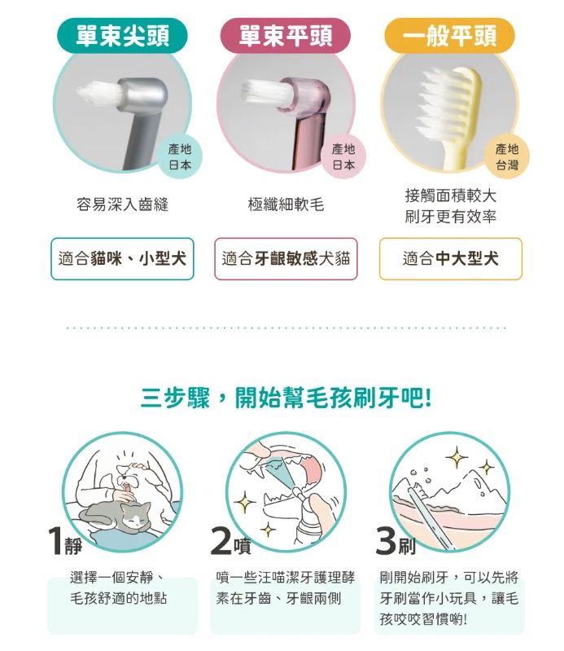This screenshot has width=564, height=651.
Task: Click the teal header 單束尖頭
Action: click(x=122, y=35)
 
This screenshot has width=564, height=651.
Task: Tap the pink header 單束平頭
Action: click(x=286, y=35)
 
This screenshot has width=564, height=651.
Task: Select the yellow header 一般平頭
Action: click(x=449, y=35)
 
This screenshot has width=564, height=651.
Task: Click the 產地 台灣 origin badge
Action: click(x=507, y=157)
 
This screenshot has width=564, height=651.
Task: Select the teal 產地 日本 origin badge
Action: click(x=180, y=157)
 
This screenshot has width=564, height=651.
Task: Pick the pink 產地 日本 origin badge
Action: click(x=343, y=157)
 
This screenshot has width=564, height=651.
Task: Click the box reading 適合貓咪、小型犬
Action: click(x=122, y=258)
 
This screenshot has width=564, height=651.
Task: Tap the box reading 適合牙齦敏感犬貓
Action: click(x=286, y=258)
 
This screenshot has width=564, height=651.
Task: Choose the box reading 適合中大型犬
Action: click(x=450, y=258)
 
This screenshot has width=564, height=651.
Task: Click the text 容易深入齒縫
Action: click(x=122, y=205)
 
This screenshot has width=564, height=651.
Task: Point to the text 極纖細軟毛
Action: click(x=286, y=205)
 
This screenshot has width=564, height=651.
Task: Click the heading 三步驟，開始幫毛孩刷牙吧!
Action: click(x=286, y=398)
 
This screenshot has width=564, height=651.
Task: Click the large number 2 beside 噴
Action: click(x=221, y=541)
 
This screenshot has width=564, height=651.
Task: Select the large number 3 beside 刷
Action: click(x=386, y=541)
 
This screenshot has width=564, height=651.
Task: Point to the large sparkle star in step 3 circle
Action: click(x=457, y=458)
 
